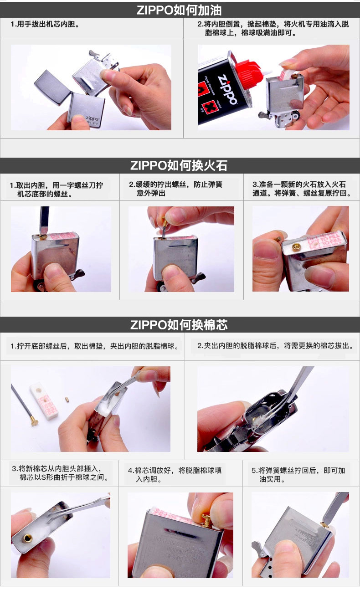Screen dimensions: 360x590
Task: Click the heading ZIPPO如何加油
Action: pos(179,10)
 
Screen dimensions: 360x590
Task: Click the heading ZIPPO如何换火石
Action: pos(179,166)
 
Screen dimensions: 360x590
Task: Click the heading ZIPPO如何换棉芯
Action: pos(179,325)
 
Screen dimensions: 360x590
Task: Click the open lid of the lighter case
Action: pos(52,87)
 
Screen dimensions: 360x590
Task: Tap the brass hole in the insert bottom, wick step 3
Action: pos(27,538)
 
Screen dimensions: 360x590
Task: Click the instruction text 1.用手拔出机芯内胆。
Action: pos(45,24)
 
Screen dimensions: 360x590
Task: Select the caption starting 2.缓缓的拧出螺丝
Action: pos(175,189)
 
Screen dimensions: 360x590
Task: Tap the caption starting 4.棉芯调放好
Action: pos(175,475)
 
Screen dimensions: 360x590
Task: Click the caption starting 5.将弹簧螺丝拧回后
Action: pos(298,475)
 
